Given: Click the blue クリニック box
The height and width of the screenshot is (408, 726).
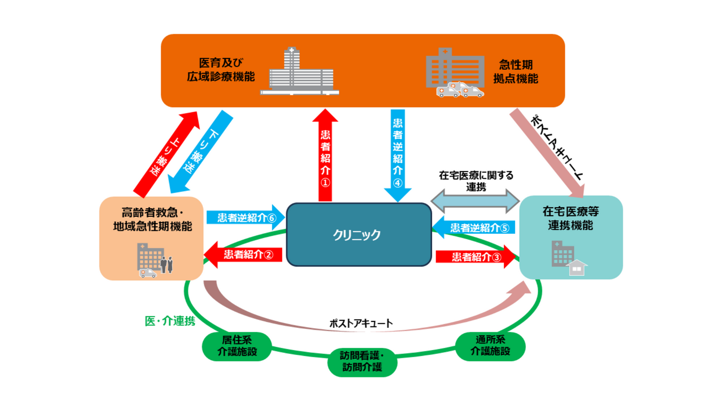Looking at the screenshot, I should point(358,234).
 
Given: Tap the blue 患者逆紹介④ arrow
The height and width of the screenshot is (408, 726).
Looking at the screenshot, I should point(398,153).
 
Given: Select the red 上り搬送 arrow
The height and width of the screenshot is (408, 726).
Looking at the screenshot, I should point(166,153).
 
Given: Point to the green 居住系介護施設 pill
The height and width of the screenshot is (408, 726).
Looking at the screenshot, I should point(237,346).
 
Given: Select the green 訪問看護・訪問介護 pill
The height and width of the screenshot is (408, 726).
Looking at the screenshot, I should point(362,361).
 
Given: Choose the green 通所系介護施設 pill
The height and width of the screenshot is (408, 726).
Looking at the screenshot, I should point(490,345).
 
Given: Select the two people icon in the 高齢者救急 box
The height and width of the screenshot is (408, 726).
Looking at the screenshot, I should point(167,263).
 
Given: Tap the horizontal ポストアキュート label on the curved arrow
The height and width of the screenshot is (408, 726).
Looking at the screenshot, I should point(361,323).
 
